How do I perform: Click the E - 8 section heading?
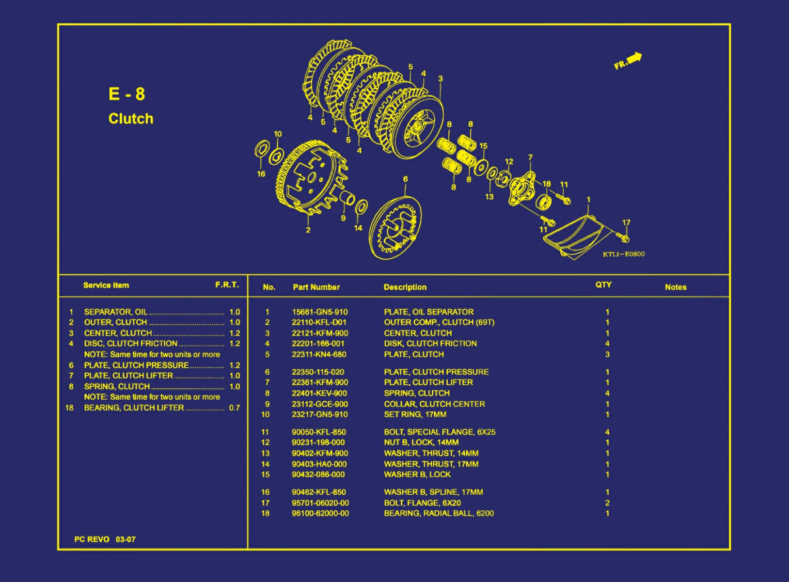(127, 94)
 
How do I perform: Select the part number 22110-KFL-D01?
(319, 322)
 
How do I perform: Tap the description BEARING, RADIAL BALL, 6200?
(439, 513)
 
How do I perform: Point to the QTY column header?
(604, 285)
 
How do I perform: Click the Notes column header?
(675, 287)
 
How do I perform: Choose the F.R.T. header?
(227, 285)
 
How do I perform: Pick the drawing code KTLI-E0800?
(623, 254)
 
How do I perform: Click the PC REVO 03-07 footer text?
(105, 539)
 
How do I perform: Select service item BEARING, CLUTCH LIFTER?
(134, 407)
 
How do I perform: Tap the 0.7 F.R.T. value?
(234, 407)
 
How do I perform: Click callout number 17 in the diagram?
(626, 223)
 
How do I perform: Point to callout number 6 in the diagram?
(405, 179)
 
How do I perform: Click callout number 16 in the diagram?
(261, 174)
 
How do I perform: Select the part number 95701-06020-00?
(320, 503)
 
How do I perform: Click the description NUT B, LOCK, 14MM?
(421, 442)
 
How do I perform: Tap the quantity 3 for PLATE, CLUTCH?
(607, 354)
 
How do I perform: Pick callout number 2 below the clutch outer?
(308, 230)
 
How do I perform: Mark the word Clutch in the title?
(131, 119)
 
